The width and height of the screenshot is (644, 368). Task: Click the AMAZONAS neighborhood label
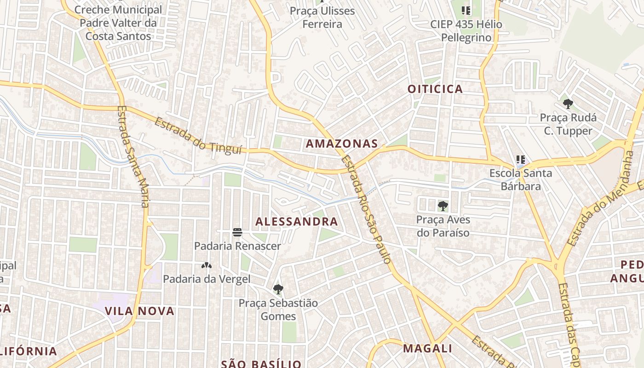[x=342, y=144]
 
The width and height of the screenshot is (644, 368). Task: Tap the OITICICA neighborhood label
[x=435, y=89]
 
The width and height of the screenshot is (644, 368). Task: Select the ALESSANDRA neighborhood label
[x=297, y=222]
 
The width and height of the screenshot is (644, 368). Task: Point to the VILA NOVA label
[x=140, y=311]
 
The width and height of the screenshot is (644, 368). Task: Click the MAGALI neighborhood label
[x=427, y=348]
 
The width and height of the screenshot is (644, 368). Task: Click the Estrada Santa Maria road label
[x=133, y=156]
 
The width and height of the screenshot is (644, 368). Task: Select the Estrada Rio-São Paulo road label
[x=367, y=209]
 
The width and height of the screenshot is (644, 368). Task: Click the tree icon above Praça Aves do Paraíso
[x=443, y=206]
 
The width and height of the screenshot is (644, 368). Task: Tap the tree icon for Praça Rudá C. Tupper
[x=568, y=104]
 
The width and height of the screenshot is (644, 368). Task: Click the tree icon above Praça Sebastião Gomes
[x=278, y=289]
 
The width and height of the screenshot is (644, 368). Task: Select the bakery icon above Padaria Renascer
[x=237, y=232]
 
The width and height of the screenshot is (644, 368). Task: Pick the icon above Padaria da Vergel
[x=207, y=265]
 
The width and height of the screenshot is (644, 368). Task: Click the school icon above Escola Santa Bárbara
[x=521, y=160]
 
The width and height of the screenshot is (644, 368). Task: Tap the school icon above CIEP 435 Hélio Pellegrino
[x=466, y=10]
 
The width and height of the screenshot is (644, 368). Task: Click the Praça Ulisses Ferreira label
[x=322, y=17]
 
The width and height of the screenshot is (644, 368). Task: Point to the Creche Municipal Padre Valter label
[x=118, y=23]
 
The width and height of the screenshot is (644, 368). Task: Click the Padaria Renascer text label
[x=237, y=246]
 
